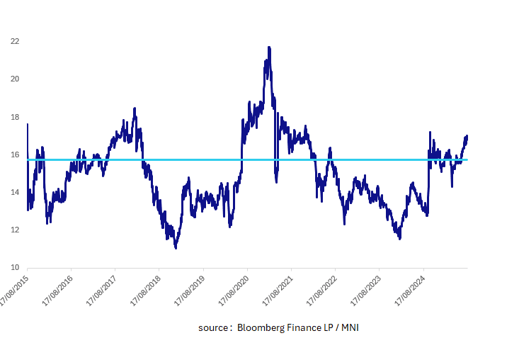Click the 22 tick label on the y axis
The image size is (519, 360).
pyautogui.click(x=14, y=41)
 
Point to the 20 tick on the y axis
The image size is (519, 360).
pyautogui.click(x=14, y=79)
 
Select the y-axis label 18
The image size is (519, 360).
pyautogui.click(x=14, y=117)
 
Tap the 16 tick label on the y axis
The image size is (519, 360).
pyautogui.click(x=14, y=154)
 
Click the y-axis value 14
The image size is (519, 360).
pyautogui.click(x=14, y=192)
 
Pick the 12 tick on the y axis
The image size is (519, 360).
pyautogui.click(x=14, y=230)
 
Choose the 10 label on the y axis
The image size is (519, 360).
pyautogui.click(x=14, y=268)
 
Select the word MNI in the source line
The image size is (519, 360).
pyautogui.click(x=348, y=329)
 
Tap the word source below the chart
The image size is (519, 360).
pyautogui.click(x=213, y=329)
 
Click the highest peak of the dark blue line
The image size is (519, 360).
pyautogui.click(x=269, y=47)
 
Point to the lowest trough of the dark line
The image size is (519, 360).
pyautogui.click(x=176, y=248)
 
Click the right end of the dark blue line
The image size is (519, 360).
pyautogui.click(x=467, y=136)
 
